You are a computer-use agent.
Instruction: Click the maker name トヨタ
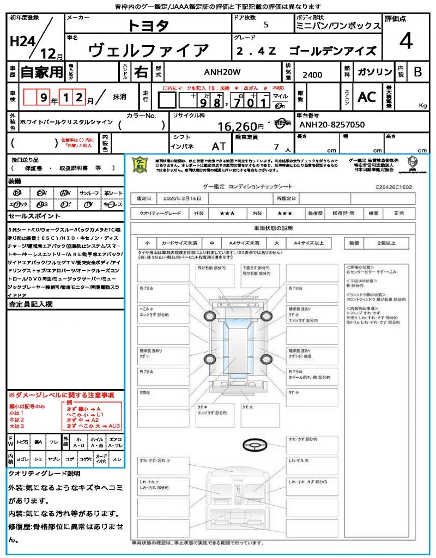coord(148,26)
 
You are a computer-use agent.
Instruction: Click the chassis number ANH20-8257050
coord(332,125)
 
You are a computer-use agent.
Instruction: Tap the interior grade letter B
coord(417,72)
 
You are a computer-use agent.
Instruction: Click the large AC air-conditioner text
coord(366,97)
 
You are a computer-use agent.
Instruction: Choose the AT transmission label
coord(219,146)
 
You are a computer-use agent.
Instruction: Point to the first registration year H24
coord(22,41)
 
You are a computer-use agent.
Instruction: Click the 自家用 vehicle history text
coord(41,72)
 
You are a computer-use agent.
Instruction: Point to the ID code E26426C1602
coord(393,187)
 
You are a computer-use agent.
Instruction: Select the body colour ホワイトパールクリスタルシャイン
coord(65,122)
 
